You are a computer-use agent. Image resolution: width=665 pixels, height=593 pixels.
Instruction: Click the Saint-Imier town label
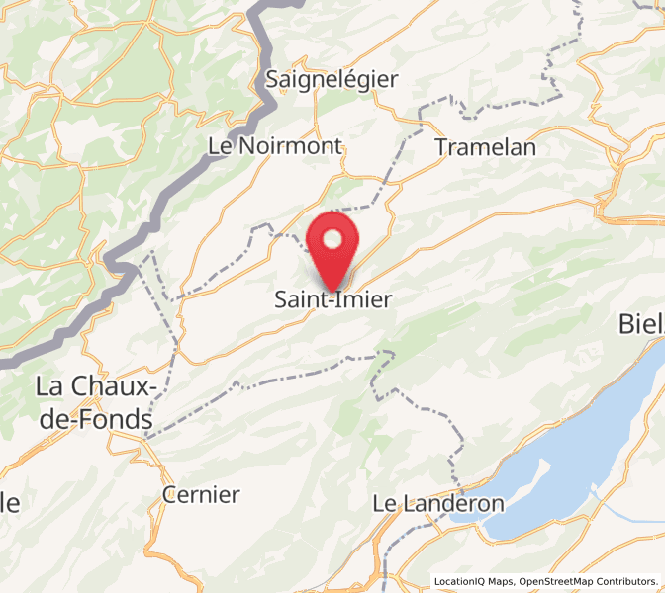[332, 298]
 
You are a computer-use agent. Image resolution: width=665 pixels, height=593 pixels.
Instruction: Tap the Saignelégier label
[332, 79]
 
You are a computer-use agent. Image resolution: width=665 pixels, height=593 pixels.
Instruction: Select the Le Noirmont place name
[275, 146]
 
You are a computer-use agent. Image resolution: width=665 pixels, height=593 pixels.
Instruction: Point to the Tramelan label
[485, 147]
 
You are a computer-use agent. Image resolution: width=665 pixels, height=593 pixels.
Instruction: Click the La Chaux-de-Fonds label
[94, 402]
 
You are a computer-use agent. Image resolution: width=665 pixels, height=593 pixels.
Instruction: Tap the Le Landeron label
[438, 503]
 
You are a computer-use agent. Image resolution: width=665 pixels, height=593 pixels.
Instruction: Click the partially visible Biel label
[640, 323]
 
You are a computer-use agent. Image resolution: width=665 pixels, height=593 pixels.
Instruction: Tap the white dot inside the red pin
[333, 239]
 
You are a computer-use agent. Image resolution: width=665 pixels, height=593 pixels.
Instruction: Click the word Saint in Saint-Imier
[299, 298]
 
